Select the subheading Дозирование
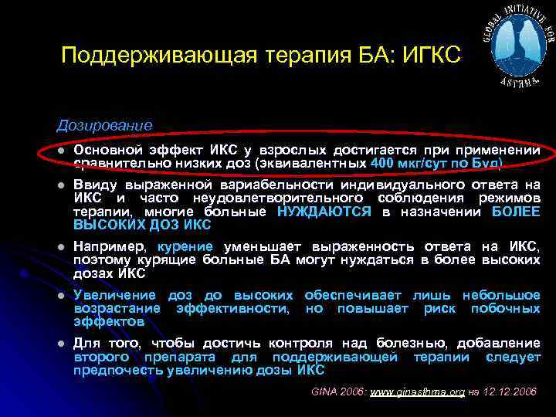coord(104,124)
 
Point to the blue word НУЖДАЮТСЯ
coord(324,211)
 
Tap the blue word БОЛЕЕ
coord(515,211)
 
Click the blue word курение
coord(188,247)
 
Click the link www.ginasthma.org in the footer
coord(417,392)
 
